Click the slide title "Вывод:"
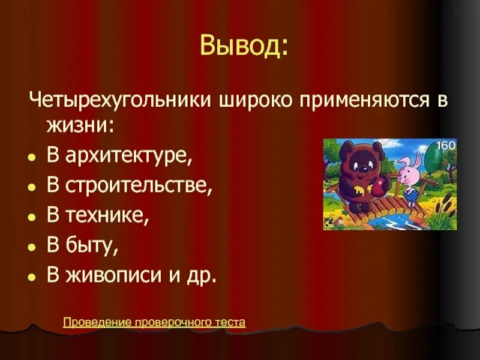[243, 47]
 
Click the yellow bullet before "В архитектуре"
[31, 158]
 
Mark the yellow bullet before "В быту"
[31, 247]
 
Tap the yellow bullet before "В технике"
[31, 217]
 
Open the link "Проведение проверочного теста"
[154, 323]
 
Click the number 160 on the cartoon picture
[445, 145]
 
